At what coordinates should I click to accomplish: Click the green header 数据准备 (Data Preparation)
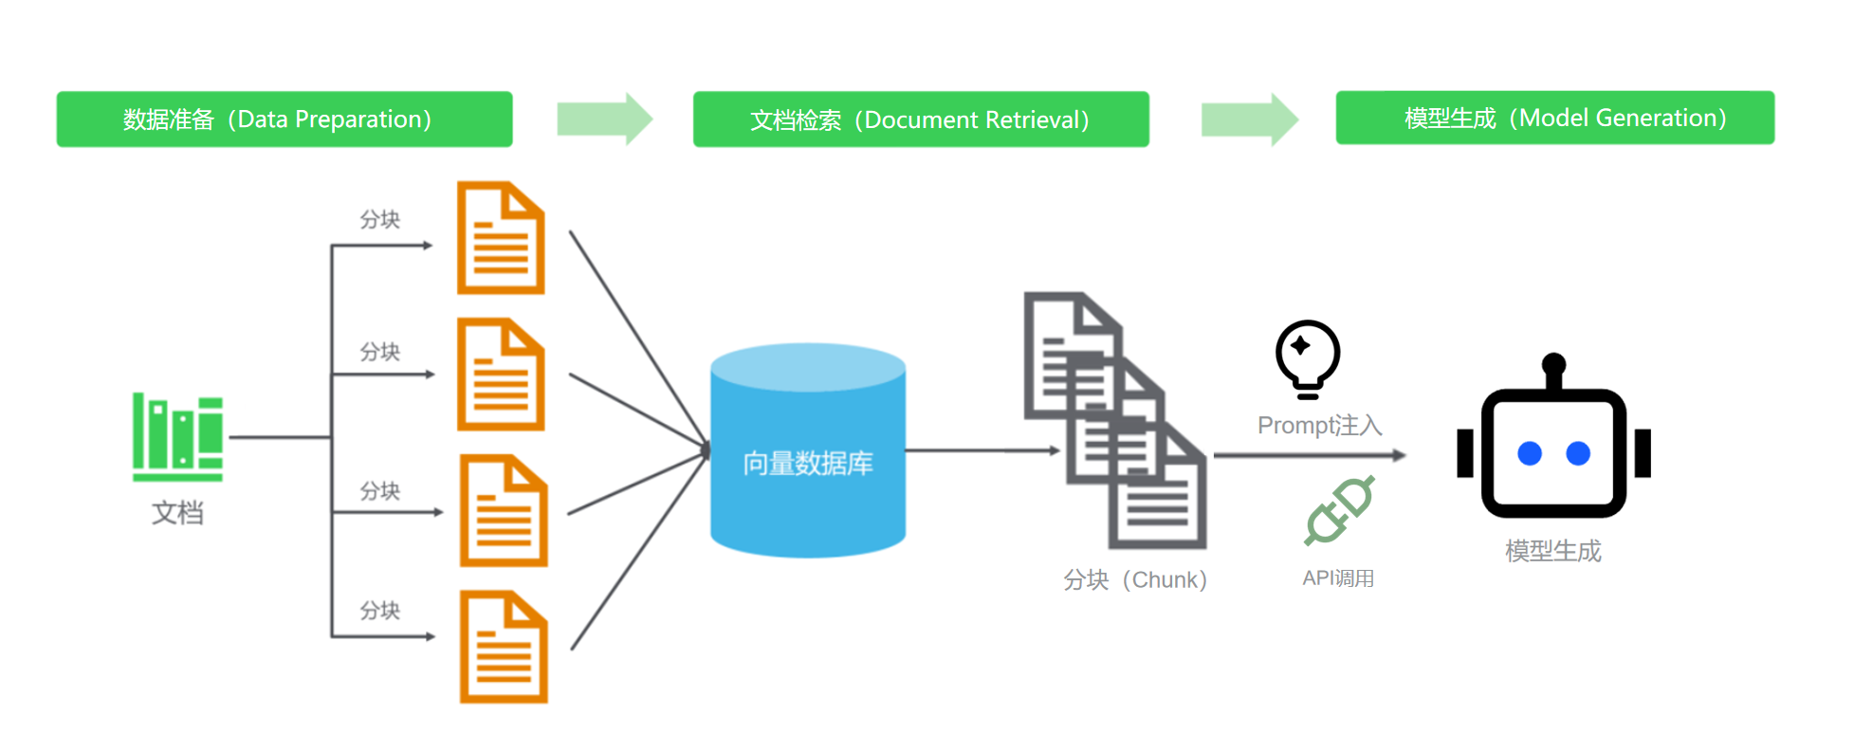pyautogui.click(x=285, y=119)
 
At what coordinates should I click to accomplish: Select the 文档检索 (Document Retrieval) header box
pyautogui.click(x=921, y=119)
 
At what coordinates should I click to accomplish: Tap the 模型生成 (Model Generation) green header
pyautogui.click(x=1554, y=118)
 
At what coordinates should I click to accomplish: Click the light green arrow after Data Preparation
pyautogui.click(x=604, y=119)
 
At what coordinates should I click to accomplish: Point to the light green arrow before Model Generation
pyautogui.click(x=1249, y=119)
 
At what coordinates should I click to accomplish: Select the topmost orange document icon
pyautogui.click(x=501, y=238)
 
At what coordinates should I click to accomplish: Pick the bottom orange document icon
pyautogui.click(x=504, y=647)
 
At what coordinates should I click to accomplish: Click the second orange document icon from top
pyautogui.click(x=501, y=375)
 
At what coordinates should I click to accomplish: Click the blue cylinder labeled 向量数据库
pyautogui.click(x=808, y=450)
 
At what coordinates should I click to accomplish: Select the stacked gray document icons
pyautogui.click(x=1114, y=420)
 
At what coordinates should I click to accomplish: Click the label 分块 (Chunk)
pyautogui.click(x=1135, y=579)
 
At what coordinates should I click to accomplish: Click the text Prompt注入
pyautogui.click(x=1319, y=426)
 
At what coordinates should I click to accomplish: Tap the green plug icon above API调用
pyautogui.click(x=1339, y=510)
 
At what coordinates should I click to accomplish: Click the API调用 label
pyautogui.click(x=1338, y=578)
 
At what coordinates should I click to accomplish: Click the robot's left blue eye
pyautogui.click(x=1530, y=453)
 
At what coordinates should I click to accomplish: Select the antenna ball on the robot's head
pyautogui.click(x=1553, y=363)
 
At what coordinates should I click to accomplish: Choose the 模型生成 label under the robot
pyautogui.click(x=1553, y=551)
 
